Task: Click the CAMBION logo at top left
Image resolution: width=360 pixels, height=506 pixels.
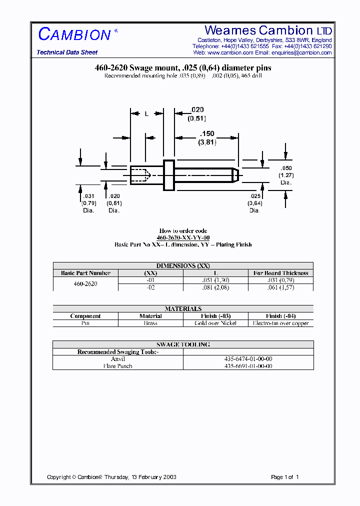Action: coord(75,34)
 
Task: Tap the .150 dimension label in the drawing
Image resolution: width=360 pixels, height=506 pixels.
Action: coord(206,134)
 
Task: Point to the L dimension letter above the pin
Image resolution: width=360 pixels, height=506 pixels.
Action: coord(146,114)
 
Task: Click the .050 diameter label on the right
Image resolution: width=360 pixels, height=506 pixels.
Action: coord(286,168)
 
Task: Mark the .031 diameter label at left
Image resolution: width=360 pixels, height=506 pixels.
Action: coord(88,196)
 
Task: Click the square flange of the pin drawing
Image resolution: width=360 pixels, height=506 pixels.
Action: coord(169,175)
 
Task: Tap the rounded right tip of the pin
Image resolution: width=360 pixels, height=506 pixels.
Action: coord(236,175)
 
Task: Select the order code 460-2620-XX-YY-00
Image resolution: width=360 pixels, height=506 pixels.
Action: coord(183,237)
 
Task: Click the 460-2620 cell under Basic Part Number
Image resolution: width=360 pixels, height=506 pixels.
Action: coord(85,283)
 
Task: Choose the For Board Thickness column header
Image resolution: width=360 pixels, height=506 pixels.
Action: coord(280,273)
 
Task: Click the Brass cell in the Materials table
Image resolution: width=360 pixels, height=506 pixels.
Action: coord(150,323)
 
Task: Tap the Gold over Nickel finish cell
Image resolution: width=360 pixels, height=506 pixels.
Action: coord(215,323)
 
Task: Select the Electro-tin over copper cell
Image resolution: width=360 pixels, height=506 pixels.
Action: coord(280,323)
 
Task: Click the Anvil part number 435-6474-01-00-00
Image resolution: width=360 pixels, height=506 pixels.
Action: coord(248,359)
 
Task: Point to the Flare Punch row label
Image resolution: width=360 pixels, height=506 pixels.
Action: coord(118,366)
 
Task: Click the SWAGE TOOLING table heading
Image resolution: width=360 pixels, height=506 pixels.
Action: coord(183,344)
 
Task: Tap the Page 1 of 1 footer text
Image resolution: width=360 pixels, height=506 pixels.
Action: coord(284,477)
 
